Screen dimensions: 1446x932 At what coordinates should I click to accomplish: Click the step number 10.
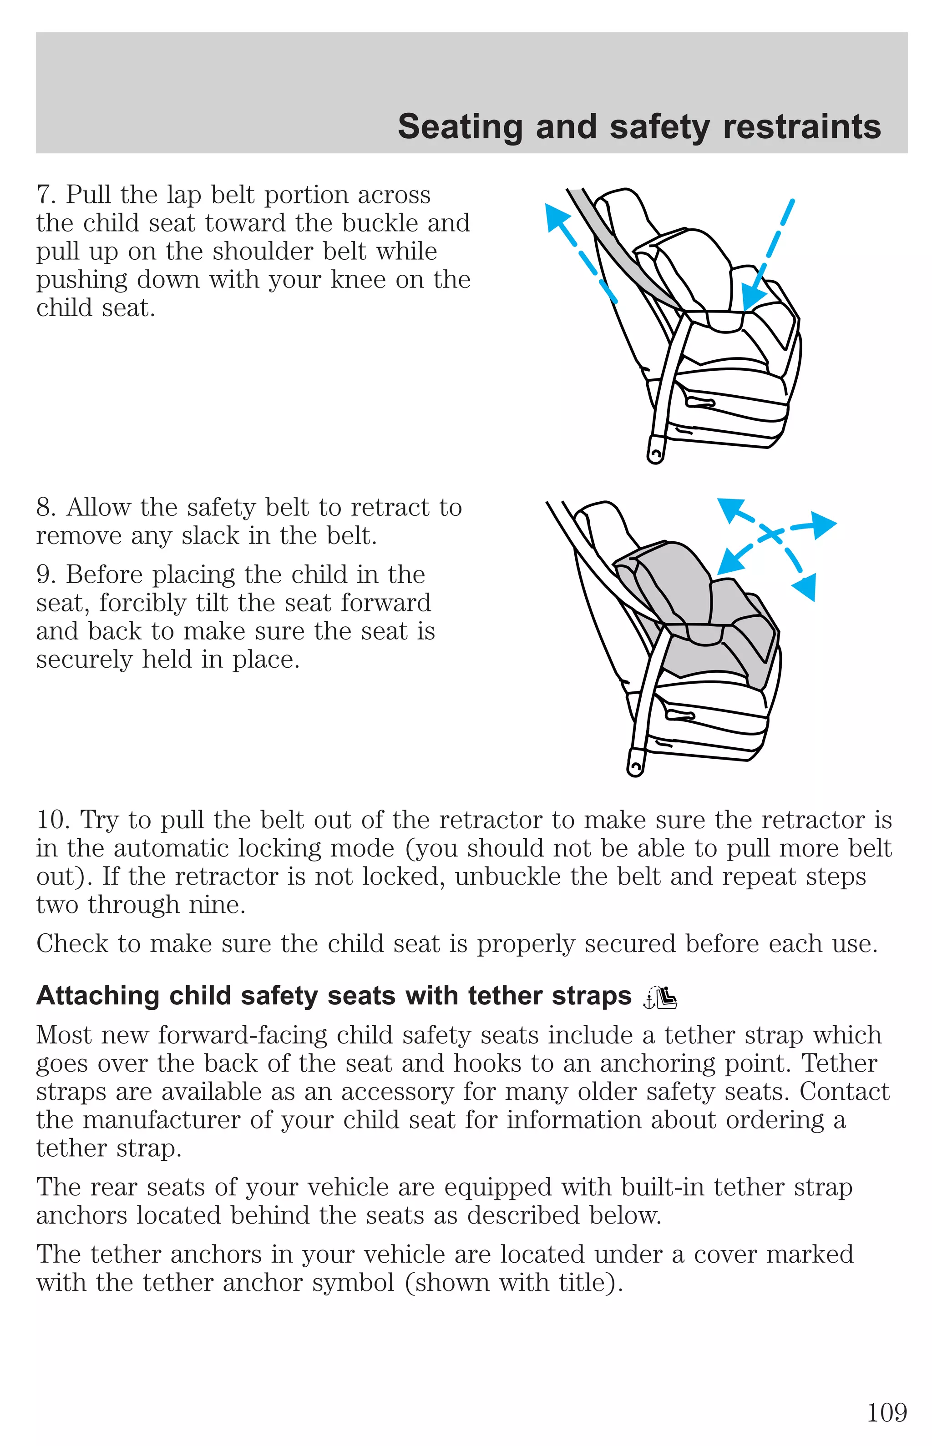pos(53,820)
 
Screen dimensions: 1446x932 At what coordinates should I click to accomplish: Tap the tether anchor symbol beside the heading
pos(660,997)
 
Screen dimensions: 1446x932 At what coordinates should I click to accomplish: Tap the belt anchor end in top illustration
pos(655,453)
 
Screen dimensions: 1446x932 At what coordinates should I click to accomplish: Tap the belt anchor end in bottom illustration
pos(635,767)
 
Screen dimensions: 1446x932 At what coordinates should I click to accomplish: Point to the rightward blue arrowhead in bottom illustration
pos(824,523)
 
